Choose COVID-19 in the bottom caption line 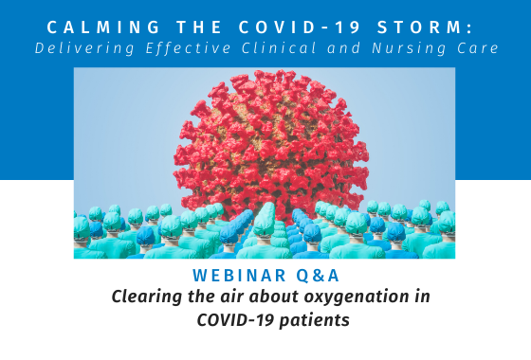coord(235,320)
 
